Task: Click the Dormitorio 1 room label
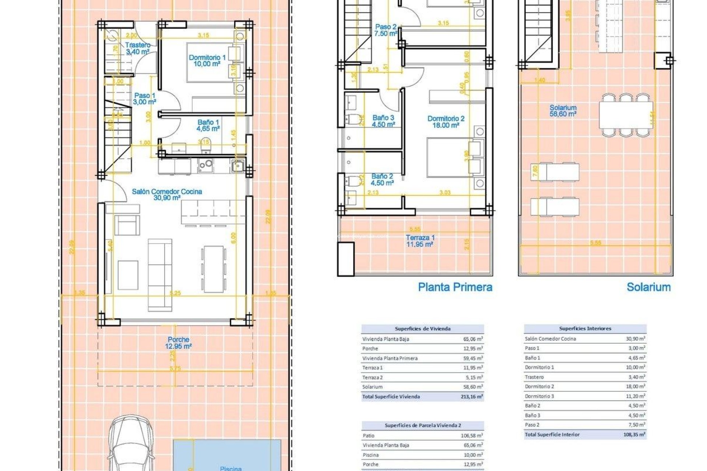click(207, 61)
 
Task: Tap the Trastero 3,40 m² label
click(137, 49)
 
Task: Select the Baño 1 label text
click(208, 125)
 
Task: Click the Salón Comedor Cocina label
click(167, 195)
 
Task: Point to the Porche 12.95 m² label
click(178, 343)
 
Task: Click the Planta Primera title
click(455, 287)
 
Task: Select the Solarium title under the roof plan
click(648, 287)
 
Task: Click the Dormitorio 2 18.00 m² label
click(446, 122)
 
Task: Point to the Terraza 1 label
click(420, 241)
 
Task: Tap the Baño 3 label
click(383, 121)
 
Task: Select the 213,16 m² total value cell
click(471, 397)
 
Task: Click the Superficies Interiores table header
click(585, 329)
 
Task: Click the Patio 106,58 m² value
click(471, 436)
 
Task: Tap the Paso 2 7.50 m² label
click(386, 30)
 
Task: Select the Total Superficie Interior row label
click(552, 435)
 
